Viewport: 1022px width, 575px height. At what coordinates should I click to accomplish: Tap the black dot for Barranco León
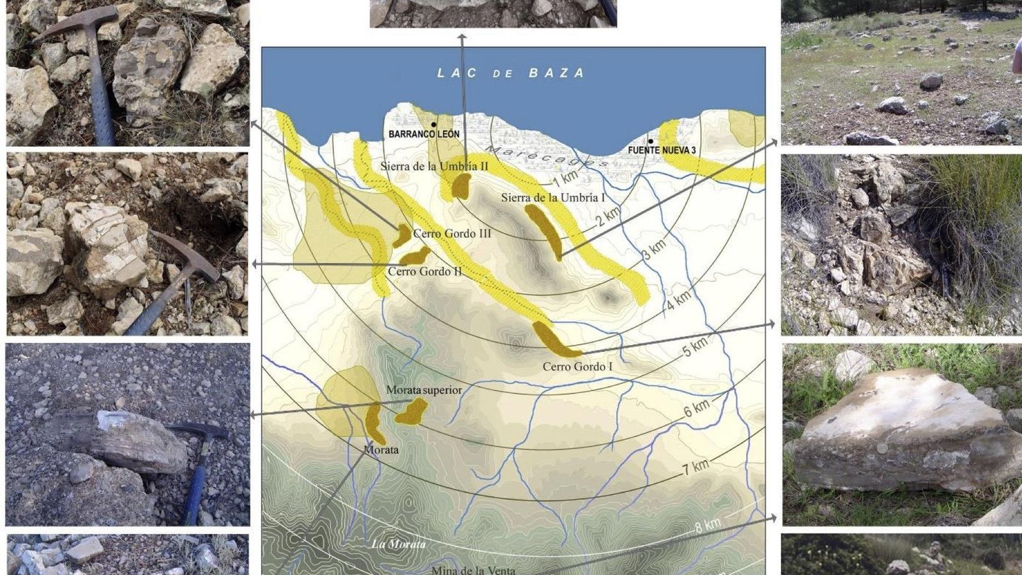coord(434,125)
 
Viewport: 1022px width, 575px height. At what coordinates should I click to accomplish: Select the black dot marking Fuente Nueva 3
coord(651,141)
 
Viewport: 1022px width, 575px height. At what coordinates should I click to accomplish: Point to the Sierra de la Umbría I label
coord(553,198)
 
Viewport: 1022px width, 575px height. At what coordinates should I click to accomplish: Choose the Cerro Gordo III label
coord(452,234)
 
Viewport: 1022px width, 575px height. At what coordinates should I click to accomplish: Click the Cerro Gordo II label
coord(425,272)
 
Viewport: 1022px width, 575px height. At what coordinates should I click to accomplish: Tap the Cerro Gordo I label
coord(577,367)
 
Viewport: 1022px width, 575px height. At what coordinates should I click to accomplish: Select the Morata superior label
coord(424,390)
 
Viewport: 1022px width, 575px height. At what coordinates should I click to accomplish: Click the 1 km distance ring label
coord(565,177)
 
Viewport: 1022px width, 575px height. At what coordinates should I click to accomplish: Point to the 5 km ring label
coord(696,346)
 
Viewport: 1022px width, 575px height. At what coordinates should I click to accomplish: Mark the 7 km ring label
coord(696,467)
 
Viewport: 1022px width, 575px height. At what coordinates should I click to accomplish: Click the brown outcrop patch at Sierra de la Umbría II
coord(461,187)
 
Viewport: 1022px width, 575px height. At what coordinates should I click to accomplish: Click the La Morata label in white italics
coord(399,544)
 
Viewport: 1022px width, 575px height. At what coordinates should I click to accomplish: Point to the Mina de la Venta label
coord(473,570)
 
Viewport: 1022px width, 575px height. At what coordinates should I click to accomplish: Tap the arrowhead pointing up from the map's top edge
coord(462,38)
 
